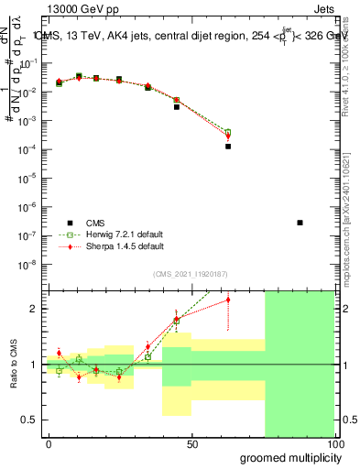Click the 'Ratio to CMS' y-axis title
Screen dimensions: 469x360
[x=14, y=365]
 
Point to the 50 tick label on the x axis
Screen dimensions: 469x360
[x=192, y=443]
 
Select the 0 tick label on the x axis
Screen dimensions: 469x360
[x=49, y=443]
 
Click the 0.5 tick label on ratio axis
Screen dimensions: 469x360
[x=29, y=420]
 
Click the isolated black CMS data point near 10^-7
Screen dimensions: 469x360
[x=300, y=223]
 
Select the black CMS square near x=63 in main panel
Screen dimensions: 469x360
[x=228, y=146]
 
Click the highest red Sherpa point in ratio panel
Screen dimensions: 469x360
[x=228, y=300]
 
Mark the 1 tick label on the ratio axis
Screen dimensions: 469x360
[x=33, y=365]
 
